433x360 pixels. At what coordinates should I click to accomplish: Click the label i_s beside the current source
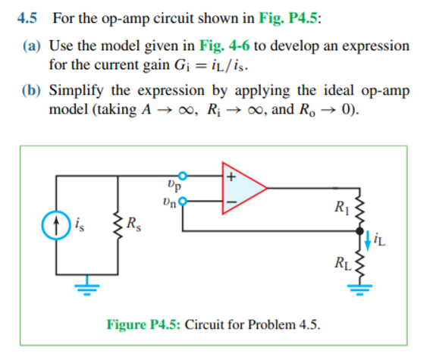click(x=79, y=224)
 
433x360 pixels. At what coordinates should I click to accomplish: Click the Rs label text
click(x=133, y=224)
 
